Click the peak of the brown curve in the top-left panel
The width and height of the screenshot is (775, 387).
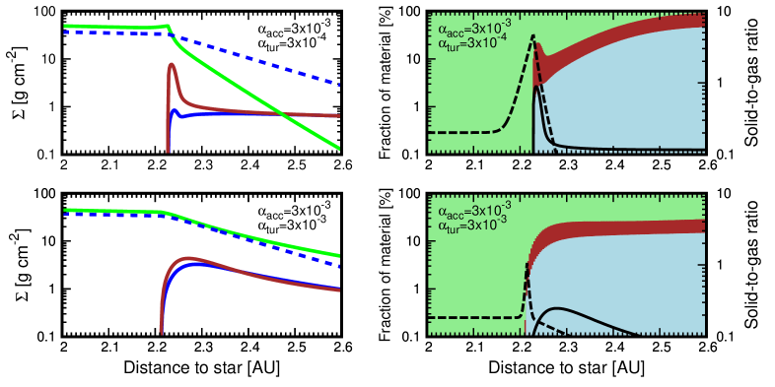[x=173, y=66]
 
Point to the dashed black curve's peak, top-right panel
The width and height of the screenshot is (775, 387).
[x=532, y=36]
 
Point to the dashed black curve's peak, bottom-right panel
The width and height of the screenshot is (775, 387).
[x=527, y=268]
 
